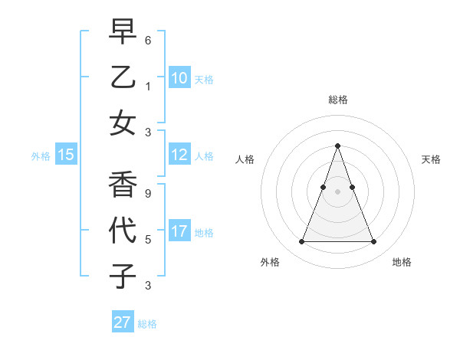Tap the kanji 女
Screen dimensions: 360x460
123,123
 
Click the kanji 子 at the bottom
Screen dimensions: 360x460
123,276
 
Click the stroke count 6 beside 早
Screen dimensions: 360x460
148,39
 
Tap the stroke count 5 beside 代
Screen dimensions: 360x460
148,239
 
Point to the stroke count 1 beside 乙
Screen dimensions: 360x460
148,86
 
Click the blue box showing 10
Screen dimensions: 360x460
179,77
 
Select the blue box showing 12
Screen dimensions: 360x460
179,155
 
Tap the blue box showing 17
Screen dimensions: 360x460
179,231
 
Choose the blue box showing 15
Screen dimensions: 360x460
66,155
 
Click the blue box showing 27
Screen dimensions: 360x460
123,322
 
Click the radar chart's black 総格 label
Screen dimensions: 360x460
337,100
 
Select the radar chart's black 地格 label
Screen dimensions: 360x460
402,262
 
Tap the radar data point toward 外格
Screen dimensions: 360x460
301,242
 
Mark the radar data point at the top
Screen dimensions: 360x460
337,146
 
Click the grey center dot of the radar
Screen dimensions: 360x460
337,191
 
